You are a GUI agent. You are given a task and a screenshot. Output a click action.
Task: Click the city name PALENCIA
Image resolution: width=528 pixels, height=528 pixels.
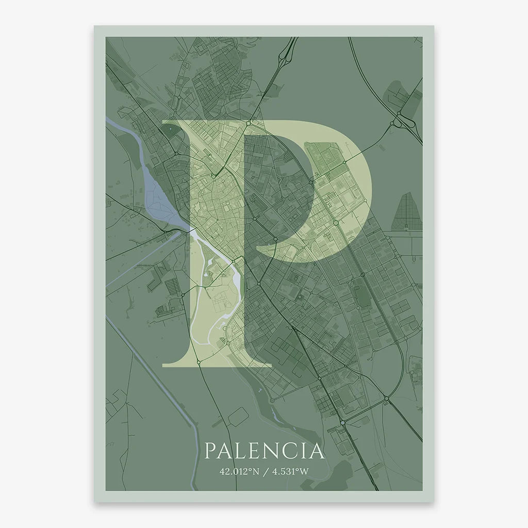pyautogui.click(x=264, y=451)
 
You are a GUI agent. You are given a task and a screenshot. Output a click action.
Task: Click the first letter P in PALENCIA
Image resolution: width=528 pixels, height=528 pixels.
pyautogui.click(x=210, y=451)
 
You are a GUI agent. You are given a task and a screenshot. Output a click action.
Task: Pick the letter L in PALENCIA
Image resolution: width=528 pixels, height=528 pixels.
pyautogui.click(x=242, y=451)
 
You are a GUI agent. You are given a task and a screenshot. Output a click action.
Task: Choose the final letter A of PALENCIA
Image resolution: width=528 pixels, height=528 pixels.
pyautogui.click(x=317, y=451)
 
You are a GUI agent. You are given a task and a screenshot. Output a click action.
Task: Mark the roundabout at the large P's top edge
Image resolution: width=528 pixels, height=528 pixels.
pyautogui.click(x=248, y=123)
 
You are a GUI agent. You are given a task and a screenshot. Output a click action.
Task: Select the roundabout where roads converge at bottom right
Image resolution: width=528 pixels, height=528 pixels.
pyautogui.click(x=386, y=399)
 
